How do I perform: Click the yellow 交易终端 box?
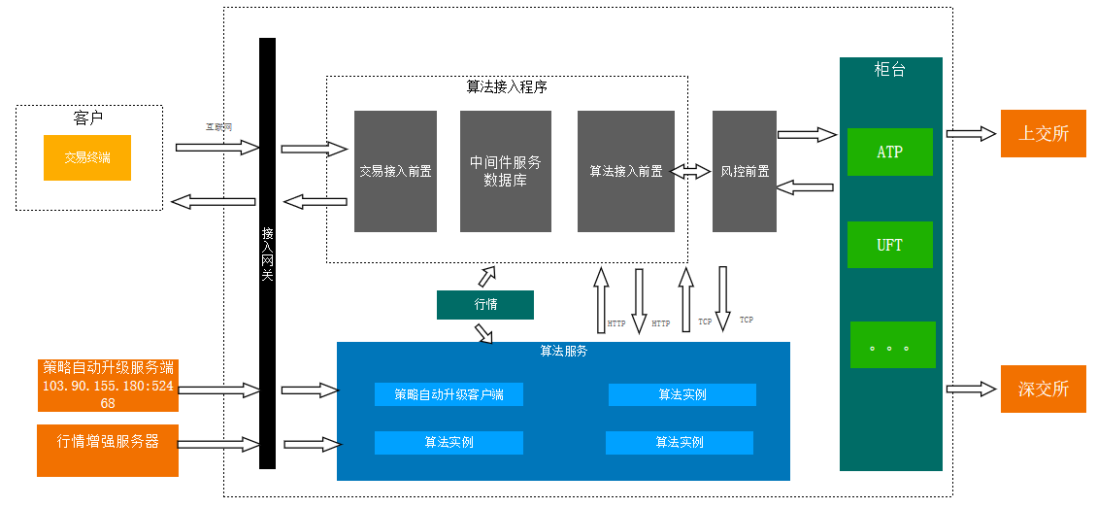(x=87, y=157)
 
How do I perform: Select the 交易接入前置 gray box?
(x=395, y=171)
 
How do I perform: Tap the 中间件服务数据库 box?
(x=505, y=171)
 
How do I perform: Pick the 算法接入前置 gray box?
(x=625, y=171)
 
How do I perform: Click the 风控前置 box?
(x=744, y=171)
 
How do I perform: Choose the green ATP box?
(x=889, y=152)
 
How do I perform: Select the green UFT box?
(x=889, y=245)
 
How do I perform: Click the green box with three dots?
(x=892, y=345)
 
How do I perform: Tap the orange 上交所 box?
(x=1043, y=134)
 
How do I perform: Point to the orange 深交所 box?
(x=1043, y=389)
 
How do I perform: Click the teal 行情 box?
(x=485, y=305)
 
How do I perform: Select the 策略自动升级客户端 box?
(x=449, y=394)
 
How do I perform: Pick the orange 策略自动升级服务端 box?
(x=108, y=385)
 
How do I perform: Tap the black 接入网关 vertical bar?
(x=268, y=253)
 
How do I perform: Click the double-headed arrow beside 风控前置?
(x=693, y=171)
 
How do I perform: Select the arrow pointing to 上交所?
(x=972, y=134)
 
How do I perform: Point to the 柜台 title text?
(x=889, y=70)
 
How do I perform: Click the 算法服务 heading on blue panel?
(x=563, y=351)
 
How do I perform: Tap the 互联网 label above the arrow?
(x=217, y=126)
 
